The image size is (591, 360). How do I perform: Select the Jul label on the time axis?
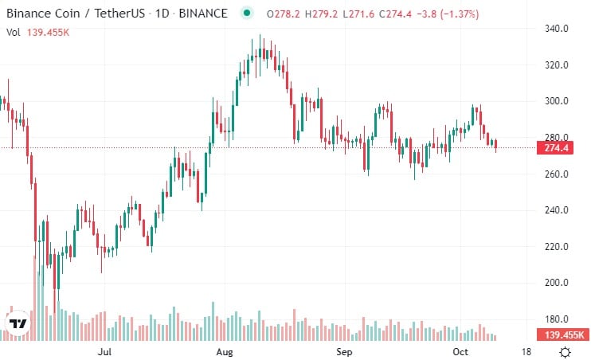click(x=104, y=350)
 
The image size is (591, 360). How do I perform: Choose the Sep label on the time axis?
click(x=344, y=350)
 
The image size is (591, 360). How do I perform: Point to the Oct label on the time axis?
click(x=460, y=350)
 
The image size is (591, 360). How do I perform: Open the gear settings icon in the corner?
click(x=565, y=351)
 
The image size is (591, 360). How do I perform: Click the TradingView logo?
click(x=18, y=324)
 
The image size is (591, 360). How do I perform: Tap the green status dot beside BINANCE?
click(x=246, y=13)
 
